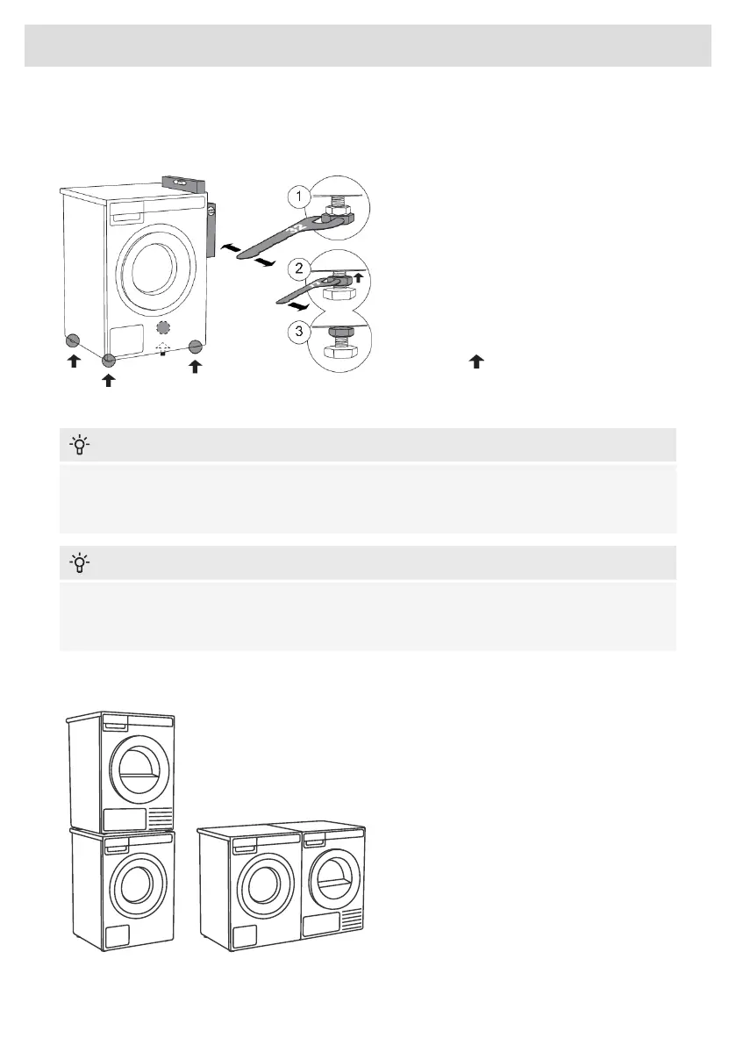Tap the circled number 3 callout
tap(301, 333)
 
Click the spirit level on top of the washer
tap(186, 184)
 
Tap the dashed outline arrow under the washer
tap(161, 349)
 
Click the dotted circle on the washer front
tap(161, 328)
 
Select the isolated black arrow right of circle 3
tap(476, 360)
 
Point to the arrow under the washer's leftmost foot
tap(74, 361)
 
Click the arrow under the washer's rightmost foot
tap(195, 366)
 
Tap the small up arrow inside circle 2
tap(357, 276)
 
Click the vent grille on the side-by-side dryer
tap(350, 920)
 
